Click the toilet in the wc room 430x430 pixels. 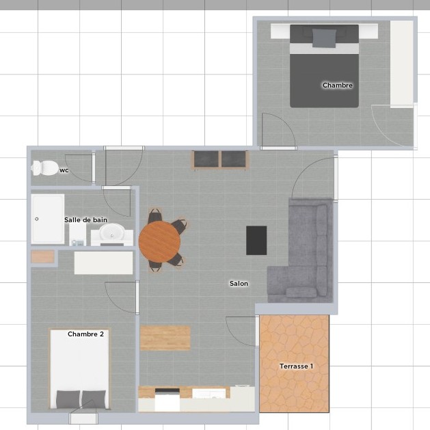point(45,168)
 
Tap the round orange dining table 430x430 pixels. point(159,241)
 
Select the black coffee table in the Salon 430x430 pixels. point(256,241)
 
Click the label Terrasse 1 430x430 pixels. point(296,366)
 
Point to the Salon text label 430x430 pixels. point(239,284)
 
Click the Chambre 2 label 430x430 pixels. point(85,334)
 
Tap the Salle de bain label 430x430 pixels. point(85,220)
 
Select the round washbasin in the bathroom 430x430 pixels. point(112,232)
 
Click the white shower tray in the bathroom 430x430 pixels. point(48,219)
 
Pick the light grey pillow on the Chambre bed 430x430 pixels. point(324,38)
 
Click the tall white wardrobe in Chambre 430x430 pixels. point(402,62)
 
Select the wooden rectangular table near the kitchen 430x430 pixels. point(165,338)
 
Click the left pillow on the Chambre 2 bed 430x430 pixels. point(68,399)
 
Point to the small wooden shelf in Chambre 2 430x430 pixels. point(42,257)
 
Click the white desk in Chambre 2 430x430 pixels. point(104,263)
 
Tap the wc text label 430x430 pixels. point(64,170)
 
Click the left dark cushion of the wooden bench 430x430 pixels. point(206,159)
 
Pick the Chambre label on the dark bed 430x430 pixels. point(338,85)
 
